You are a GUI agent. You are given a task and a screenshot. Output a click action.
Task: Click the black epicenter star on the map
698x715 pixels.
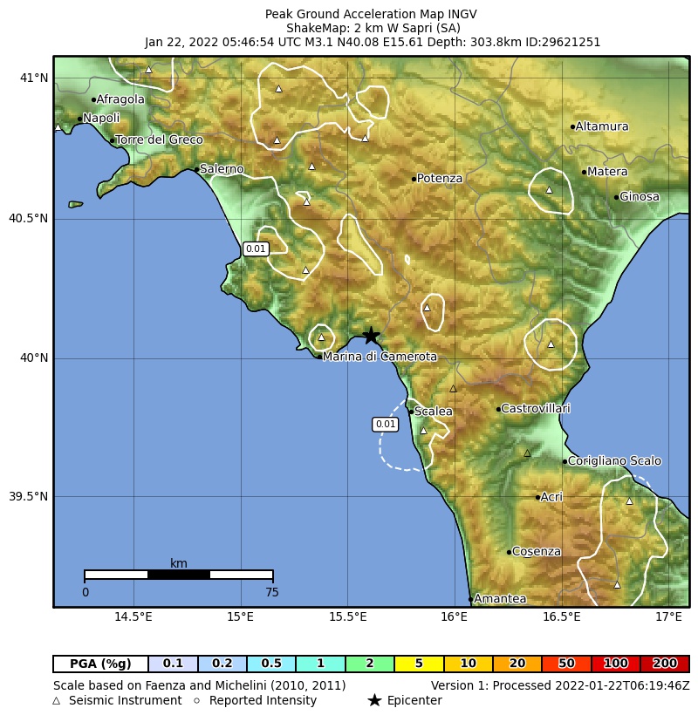click(371, 336)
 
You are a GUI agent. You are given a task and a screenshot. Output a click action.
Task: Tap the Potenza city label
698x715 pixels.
click(439, 179)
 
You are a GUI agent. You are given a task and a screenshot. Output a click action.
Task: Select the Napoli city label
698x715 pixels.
click(101, 119)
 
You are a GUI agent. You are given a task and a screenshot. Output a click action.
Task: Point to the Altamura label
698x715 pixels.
click(602, 127)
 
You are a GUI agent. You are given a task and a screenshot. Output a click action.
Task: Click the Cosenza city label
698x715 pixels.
click(537, 552)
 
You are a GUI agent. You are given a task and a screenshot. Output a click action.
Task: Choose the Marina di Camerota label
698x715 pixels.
click(380, 357)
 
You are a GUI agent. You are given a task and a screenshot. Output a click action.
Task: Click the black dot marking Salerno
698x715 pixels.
click(195, 169)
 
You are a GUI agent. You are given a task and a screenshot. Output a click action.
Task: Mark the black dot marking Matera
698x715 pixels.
click(584, 172)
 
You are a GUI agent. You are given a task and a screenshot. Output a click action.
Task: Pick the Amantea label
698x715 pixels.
click(500, 599)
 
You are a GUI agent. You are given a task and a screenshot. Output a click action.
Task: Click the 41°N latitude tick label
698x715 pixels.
click(34, 78)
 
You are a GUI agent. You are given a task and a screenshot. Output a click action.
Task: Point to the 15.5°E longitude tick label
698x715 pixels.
click(348, 617)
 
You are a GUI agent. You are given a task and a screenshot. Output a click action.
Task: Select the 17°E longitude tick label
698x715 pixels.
click(669, 617)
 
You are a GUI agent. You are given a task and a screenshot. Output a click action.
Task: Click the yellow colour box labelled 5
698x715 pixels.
click(419, 664)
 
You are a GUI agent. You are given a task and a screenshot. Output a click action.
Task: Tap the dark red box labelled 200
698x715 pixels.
click(665, 664)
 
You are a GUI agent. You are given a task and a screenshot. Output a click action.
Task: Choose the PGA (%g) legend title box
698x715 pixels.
click(100, 664)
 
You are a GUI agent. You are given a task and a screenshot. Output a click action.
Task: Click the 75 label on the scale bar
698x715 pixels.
click(272, 593)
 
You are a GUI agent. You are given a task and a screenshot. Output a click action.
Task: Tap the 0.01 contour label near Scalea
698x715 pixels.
click(385, 425)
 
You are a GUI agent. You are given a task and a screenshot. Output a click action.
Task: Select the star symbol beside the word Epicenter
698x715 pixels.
click(374, 700)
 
